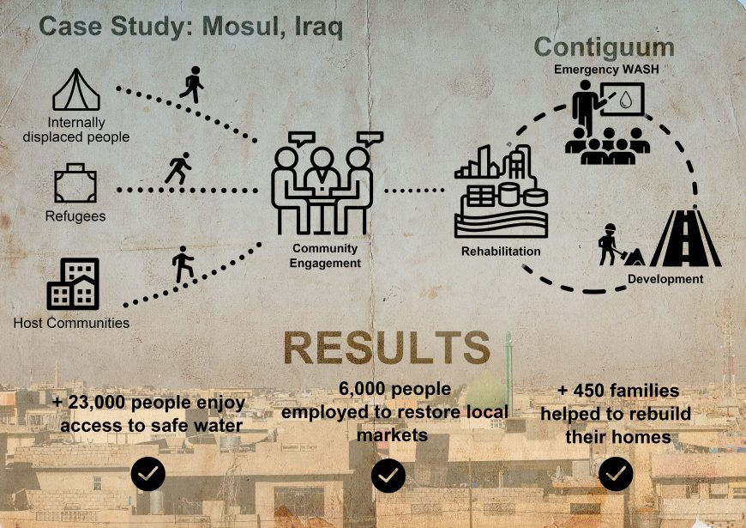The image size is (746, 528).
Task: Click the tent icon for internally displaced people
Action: [76, 89]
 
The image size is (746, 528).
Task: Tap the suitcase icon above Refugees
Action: [75, 184]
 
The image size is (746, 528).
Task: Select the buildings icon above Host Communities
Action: [73, 284]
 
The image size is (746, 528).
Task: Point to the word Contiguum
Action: [605, 48]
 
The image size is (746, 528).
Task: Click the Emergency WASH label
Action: [606, 70]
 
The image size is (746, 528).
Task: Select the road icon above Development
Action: [686, 238]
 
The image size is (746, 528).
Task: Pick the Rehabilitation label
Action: [501, 252]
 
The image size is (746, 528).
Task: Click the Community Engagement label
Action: [326, 256]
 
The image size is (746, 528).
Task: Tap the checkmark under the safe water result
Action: [148, 474]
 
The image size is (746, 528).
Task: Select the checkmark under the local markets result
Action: [388, 475]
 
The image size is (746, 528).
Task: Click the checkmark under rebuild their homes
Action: [616, 474]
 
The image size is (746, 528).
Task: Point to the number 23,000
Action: [97, 403]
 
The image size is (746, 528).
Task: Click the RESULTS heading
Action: [387, 348]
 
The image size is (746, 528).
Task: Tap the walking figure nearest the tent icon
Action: [192, 85]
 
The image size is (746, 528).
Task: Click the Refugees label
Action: [75, 216]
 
